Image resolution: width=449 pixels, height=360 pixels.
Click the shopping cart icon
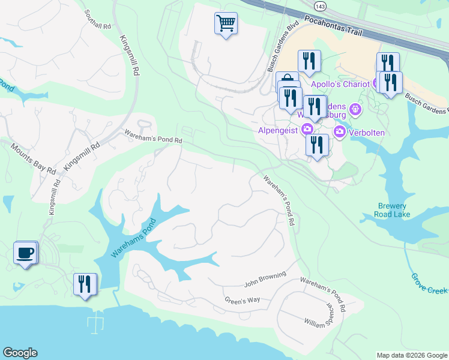click(x=226, y=24)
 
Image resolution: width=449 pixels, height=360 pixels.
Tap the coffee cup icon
click(x=25, y=253)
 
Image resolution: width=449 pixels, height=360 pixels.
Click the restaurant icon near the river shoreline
click(x=85, y=284)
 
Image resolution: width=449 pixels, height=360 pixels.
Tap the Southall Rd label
click(x=98, y=19)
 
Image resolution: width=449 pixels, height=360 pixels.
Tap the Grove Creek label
click(x=429, y=283)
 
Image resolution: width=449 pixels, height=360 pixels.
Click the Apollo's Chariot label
click(x=340, y=84)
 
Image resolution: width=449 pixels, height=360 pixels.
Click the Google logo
click(x=20, y=353)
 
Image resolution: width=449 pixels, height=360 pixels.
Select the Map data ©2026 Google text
click(x=411, y=355)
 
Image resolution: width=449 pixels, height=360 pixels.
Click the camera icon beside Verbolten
click(x=340, y=132)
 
